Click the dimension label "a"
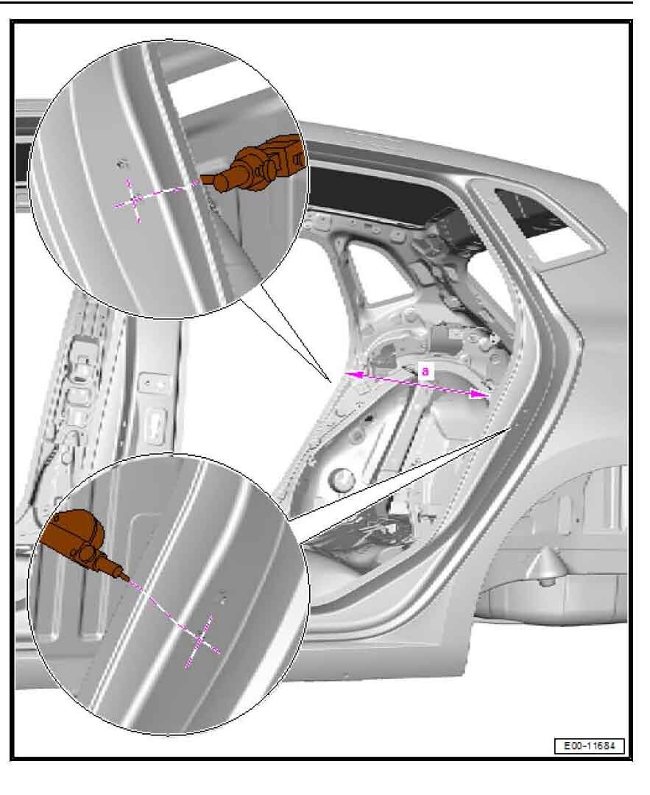point(425,370)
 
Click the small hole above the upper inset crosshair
point(122,163)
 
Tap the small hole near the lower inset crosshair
point(222,597)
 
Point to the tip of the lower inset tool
point(128,580)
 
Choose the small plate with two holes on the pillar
point(155,384)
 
